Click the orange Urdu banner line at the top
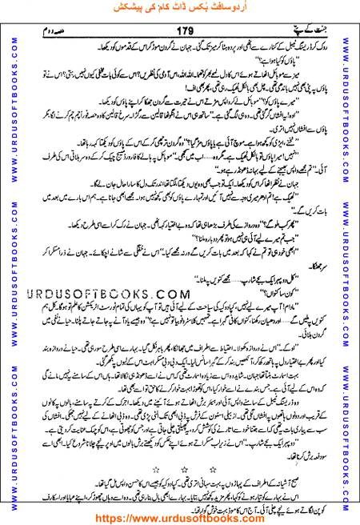pos(182,10)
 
